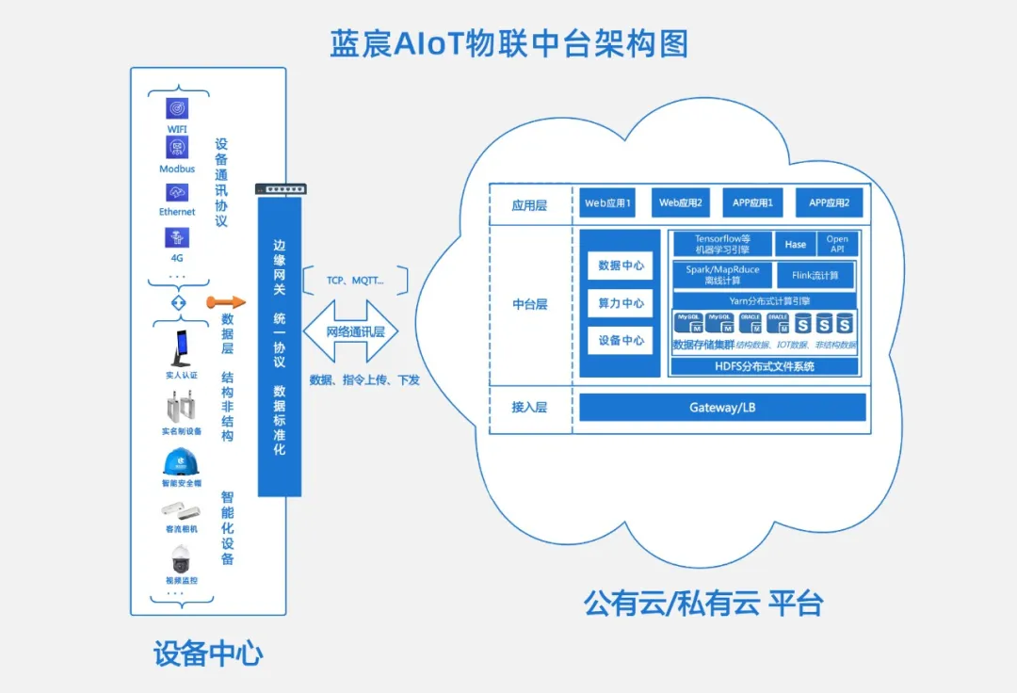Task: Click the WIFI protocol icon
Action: point(177,108)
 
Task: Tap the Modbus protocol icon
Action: point(177,147)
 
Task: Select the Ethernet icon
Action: point(177,192)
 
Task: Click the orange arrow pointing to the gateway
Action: point(226,302)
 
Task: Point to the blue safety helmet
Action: point(181,462)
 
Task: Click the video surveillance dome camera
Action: point(181,559)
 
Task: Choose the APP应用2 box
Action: point(830,202)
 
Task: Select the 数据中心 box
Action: point(621,266)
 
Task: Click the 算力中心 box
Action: point(621,303)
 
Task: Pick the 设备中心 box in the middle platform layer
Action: point(621,341)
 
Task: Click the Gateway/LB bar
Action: point(721,408)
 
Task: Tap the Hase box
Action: point(796,245)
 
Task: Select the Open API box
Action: point(837,245)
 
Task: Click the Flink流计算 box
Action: point(815,275)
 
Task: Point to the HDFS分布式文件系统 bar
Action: point(764,366)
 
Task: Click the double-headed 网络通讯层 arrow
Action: point(349,331)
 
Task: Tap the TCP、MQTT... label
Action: point(355,281)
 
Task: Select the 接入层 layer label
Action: point(529,408)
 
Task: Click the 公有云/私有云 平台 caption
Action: point(702,603)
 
